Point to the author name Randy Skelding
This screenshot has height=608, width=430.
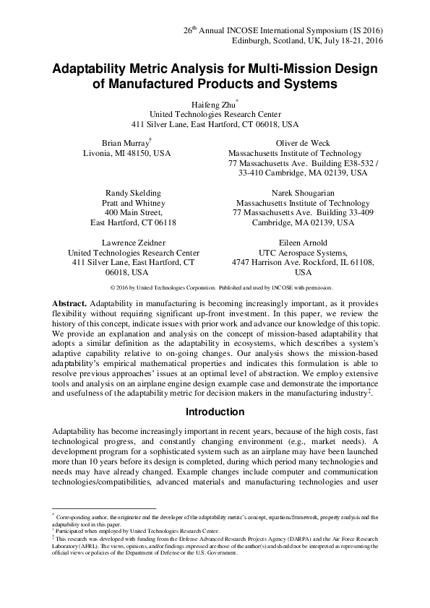pyautogui.click(x=133, y=194)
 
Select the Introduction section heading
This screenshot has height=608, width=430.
pyautogui.click(x=215, y=412)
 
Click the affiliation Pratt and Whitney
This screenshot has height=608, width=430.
pyautogui.click(x=133, y=204)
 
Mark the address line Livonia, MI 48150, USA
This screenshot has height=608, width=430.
pyautogui.click(x=127, y=154)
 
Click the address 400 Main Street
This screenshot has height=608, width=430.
pyautogui.click(x=133, y=214)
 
